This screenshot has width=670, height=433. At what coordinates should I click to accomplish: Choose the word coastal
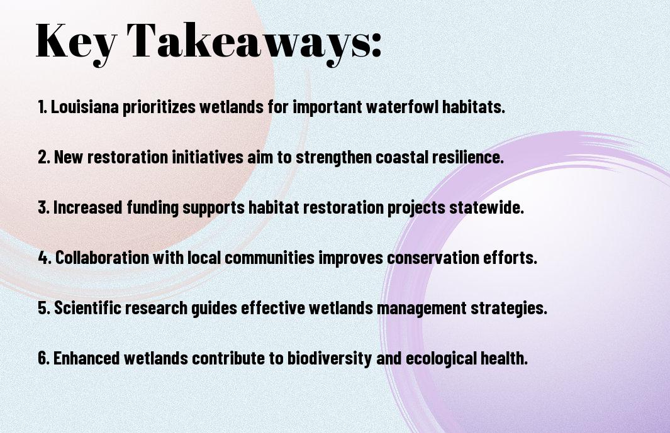(x=401, y=157)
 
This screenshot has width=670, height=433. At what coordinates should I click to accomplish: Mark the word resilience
(x=468, y=157)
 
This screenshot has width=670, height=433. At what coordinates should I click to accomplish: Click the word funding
(x=152, y=208)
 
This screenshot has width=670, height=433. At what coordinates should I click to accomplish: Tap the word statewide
(x=486, y=207)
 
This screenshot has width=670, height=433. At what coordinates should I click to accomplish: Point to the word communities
(x=269, y=258)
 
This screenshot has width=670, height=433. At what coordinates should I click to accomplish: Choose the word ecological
(x=441, y=358)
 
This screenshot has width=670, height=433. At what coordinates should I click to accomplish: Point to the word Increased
(x=87, y=207)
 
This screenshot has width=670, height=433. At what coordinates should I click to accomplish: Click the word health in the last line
(x=504, y=358)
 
